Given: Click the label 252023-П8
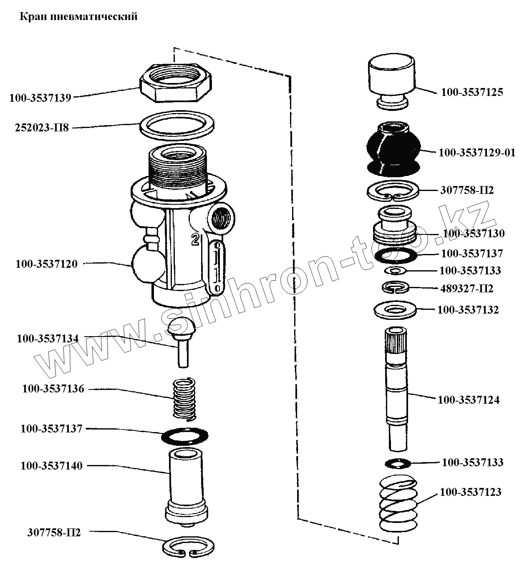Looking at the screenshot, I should (42, 128).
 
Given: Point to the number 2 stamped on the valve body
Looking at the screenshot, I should (194, 239).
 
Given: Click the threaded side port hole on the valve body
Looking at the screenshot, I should (219, 218).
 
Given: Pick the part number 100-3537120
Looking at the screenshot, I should (47, 264).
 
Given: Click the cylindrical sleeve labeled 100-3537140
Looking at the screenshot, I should (185, 484).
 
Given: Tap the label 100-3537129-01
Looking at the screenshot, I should (477, 153).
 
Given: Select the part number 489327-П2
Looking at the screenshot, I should (466, 289).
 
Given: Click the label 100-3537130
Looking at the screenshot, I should (474, 234).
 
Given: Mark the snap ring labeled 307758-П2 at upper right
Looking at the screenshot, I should (393, 191).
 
